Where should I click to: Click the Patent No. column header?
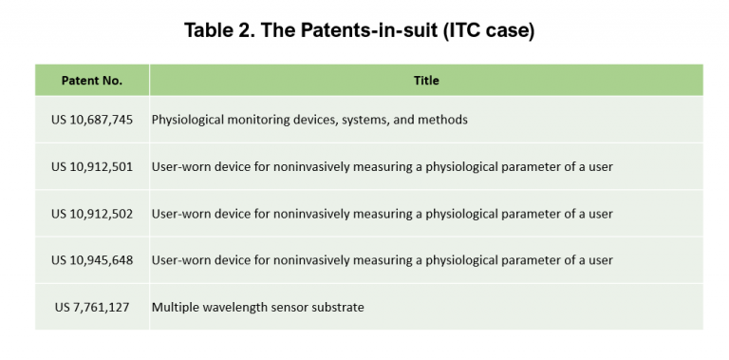pos(92,81)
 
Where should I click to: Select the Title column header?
pos(426,81)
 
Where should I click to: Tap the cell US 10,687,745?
pos(92,120)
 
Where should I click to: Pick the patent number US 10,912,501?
pos(92,166)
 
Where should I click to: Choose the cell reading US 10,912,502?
pos(92,213)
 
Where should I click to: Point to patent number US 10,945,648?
pos(92,259)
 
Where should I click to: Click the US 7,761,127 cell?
pos(92,306)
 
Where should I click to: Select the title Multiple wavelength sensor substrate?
pos(257,306)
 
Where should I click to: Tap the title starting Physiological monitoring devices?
pos(309,120)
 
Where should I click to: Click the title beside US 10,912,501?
pos(382,166)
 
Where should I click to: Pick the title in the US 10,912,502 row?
pos(382,213)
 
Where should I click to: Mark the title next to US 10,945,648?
pos(382,259)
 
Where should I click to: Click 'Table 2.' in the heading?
pos(220,31)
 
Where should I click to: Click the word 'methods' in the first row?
pos(443,120)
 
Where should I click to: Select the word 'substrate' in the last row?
pos(337,306)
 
